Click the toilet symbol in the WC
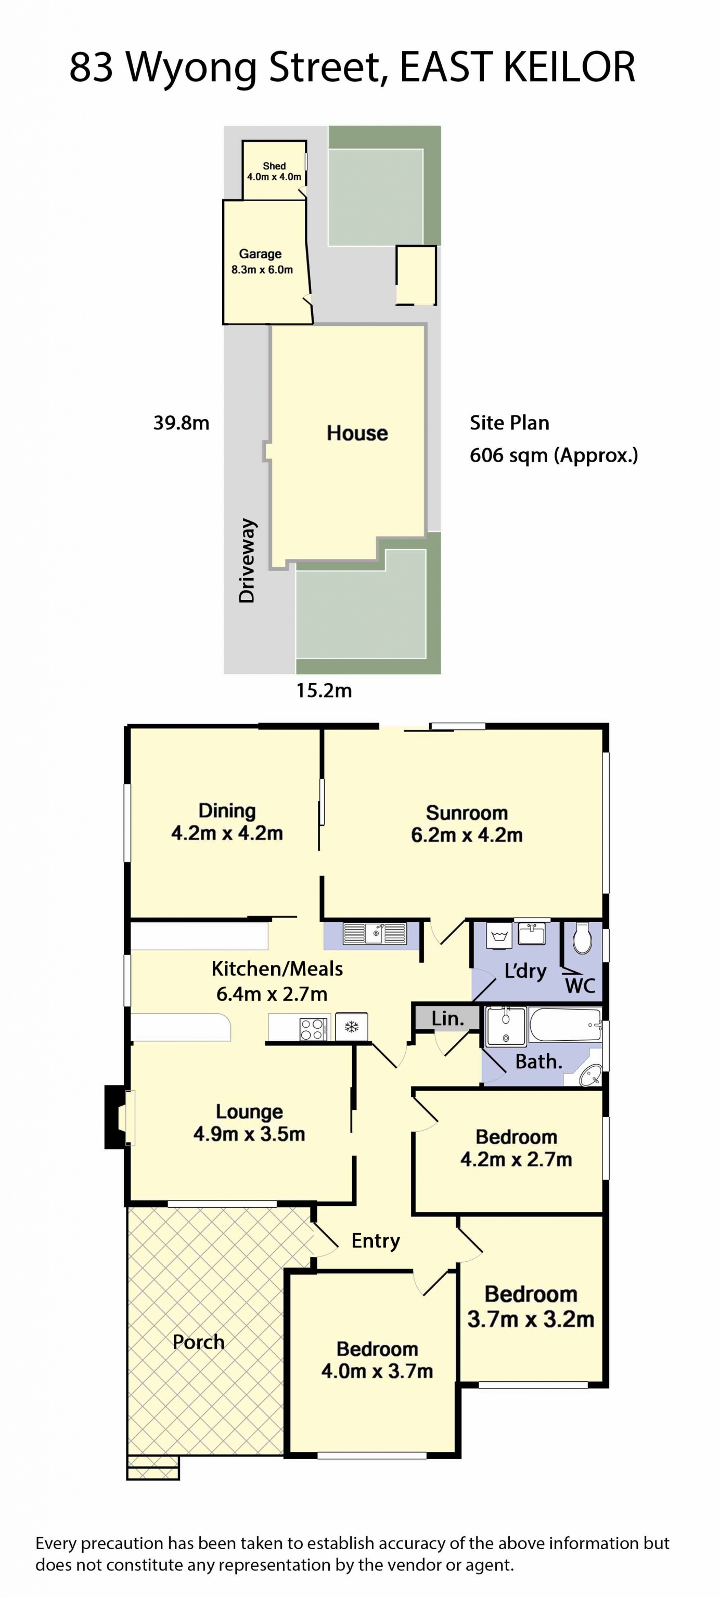point(582,940)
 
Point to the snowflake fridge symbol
point(352,1027)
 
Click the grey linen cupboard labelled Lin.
point(447,1018)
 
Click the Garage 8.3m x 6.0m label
point(261,261)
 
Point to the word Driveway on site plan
point(247,560)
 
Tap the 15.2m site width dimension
point(324,690)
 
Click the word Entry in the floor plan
point(375,1240)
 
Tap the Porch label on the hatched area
point(198,1342)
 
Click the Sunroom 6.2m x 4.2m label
point(466,823)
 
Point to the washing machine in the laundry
point(499,936)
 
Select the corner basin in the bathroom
point(590,1075)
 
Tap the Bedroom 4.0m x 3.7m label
point(377,1359)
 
